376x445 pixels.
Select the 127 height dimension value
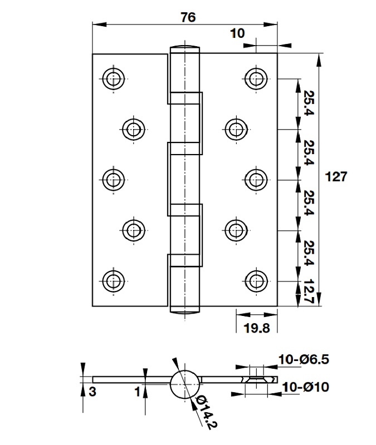pos(336,177)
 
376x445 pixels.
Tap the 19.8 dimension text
pos(257,328)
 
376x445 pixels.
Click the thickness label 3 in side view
pos(92,392)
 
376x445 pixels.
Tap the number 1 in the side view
pos(136,391)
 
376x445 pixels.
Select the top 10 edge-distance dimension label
pos(237,33)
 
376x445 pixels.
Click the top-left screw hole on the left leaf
pos(114,78)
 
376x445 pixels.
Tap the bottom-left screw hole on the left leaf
pos(114,279)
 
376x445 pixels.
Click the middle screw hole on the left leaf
pos(114,179)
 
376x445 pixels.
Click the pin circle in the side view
pos(185,384)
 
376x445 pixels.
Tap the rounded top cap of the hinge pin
pos(183,47)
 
